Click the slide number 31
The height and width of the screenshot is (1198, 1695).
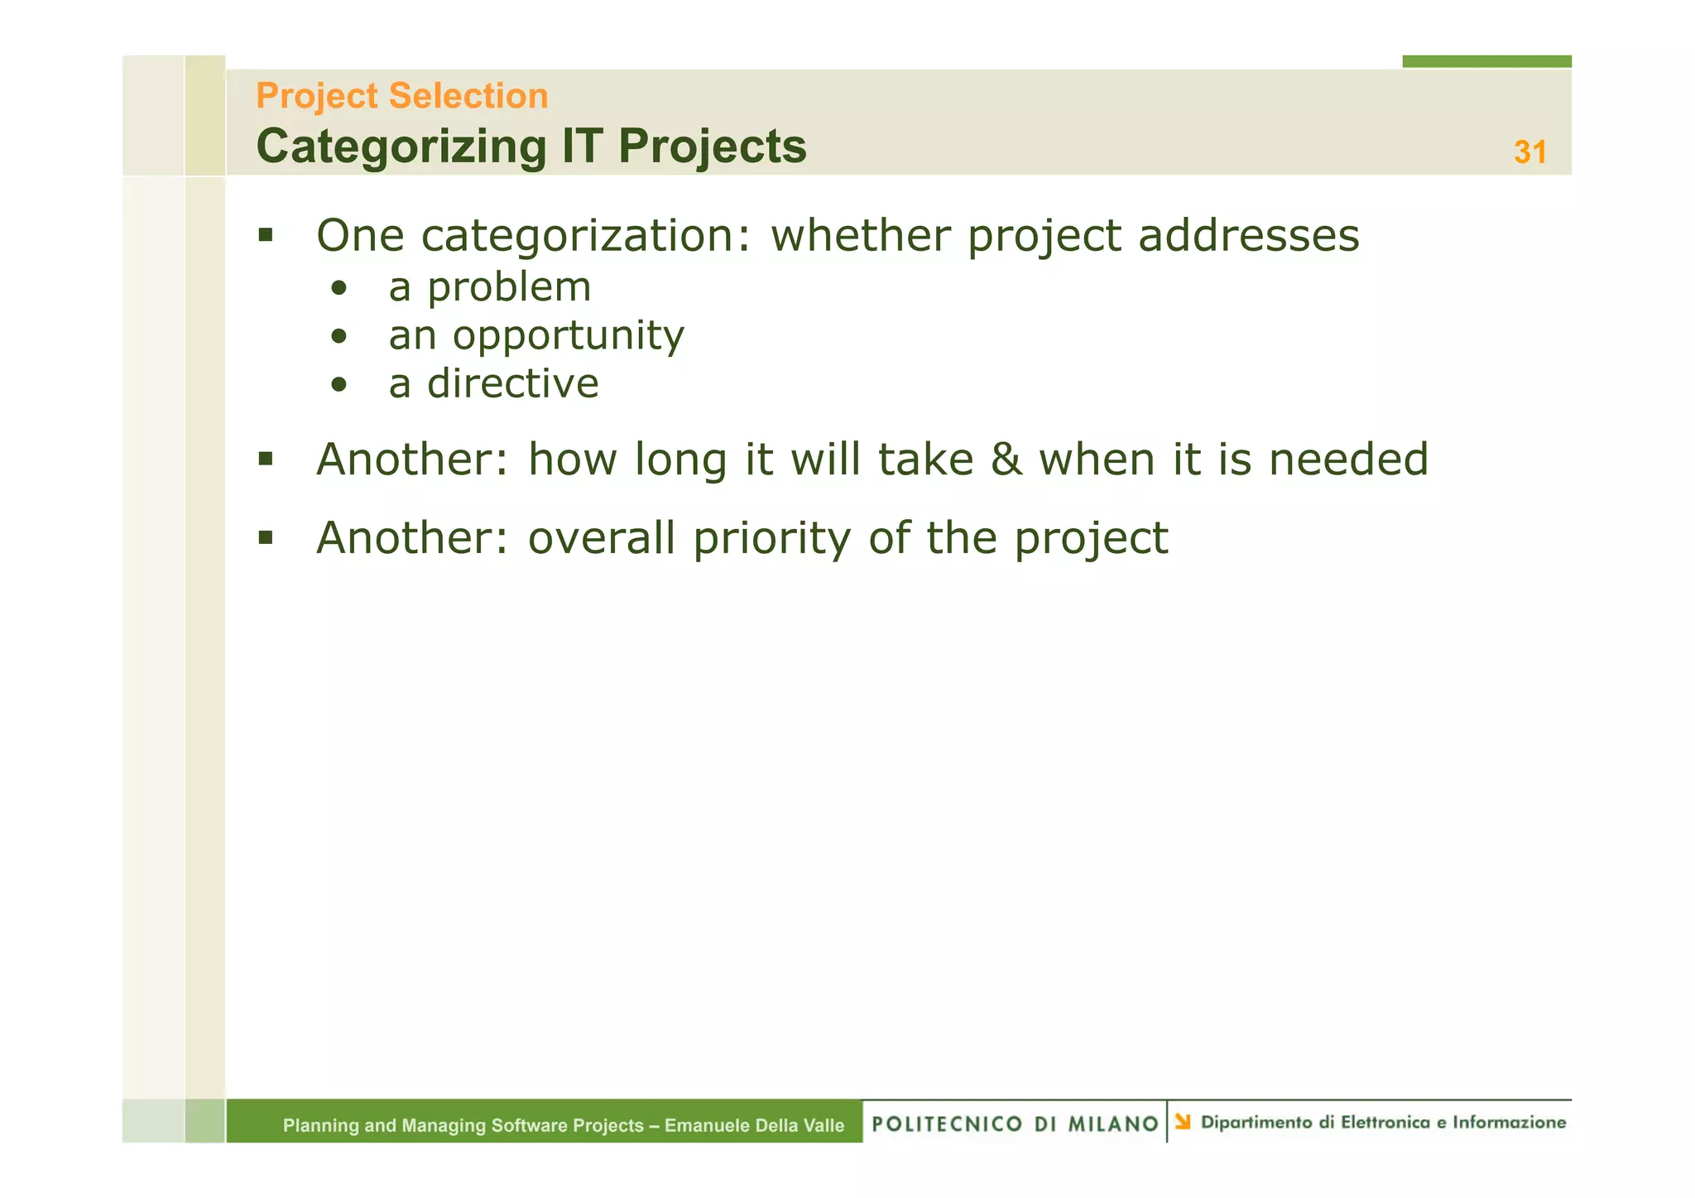(x=1529, y=152)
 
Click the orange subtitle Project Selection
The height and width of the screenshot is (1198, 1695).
(x=402, y=96)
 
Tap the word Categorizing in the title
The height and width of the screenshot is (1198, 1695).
(x=401, y=147)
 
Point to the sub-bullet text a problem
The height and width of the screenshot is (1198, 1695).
(x=490, y=287)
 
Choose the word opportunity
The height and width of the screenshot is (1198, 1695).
(x=568, y=336)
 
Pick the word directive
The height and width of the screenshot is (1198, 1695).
(x=512, y=383)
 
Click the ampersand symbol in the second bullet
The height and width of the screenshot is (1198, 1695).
(x=1006, y=459)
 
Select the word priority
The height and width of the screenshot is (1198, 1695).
(x=771, y=538)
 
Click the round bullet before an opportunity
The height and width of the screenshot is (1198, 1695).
(x=339, y=336)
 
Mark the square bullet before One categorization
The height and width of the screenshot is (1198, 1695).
(x=265, y=235)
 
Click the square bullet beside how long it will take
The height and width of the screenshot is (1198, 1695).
(x=265, y=459)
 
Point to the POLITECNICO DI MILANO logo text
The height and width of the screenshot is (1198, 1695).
(x=1015, y=1123)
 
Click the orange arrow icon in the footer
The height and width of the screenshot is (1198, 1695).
(x=1183, y=1122)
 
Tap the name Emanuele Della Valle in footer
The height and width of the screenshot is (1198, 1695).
(x=754, y=1125)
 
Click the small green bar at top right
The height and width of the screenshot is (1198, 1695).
(x=1486, y=61)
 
